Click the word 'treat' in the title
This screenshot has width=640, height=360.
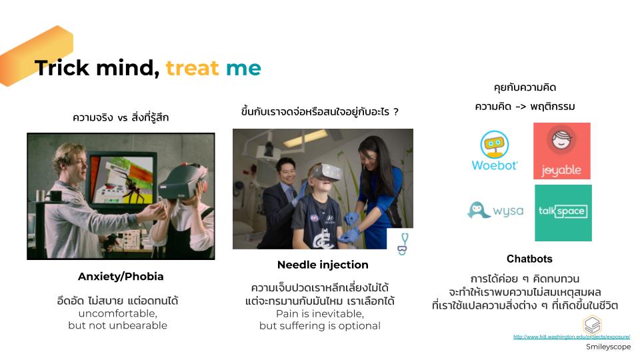192,68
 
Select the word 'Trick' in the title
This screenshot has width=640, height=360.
62,68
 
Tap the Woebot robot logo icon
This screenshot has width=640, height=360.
494,144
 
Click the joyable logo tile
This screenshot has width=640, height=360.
561,151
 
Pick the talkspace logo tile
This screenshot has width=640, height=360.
563,213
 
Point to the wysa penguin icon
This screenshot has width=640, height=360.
479,211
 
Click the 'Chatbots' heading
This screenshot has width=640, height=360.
529,259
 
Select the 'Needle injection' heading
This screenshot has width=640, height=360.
323,265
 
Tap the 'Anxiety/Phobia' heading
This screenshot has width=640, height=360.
121,277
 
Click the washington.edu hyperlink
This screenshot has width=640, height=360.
571,337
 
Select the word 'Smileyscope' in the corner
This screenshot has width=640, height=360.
608,347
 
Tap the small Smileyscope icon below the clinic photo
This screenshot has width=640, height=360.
403,244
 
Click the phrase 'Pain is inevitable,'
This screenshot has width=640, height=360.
320,314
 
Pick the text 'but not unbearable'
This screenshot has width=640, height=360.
117,325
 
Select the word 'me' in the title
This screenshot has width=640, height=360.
243,68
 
